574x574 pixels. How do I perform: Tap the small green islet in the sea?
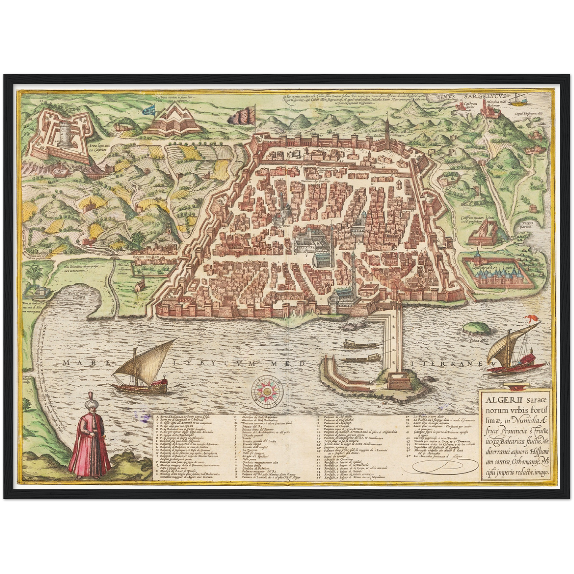[476, 327]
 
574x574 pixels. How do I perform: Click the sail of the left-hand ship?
[147, 358]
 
